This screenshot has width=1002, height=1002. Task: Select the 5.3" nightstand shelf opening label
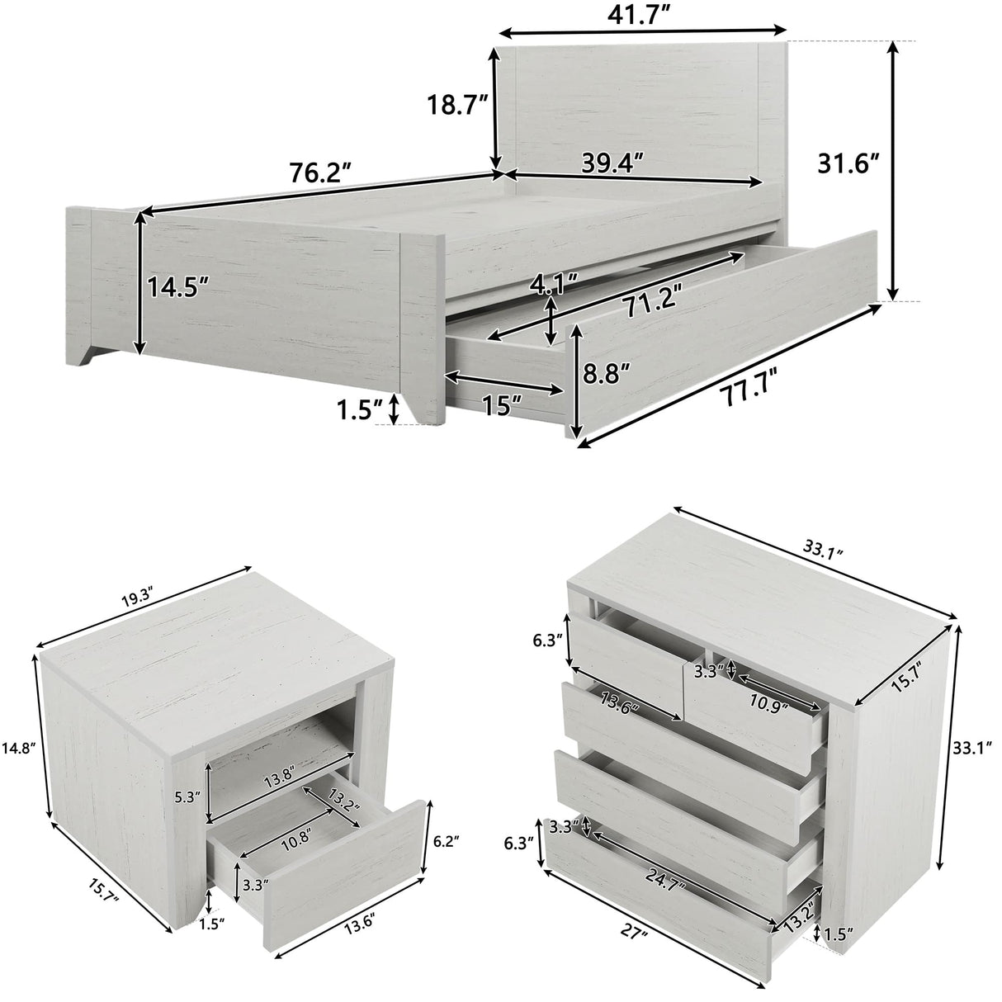click(x=186, y=797)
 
